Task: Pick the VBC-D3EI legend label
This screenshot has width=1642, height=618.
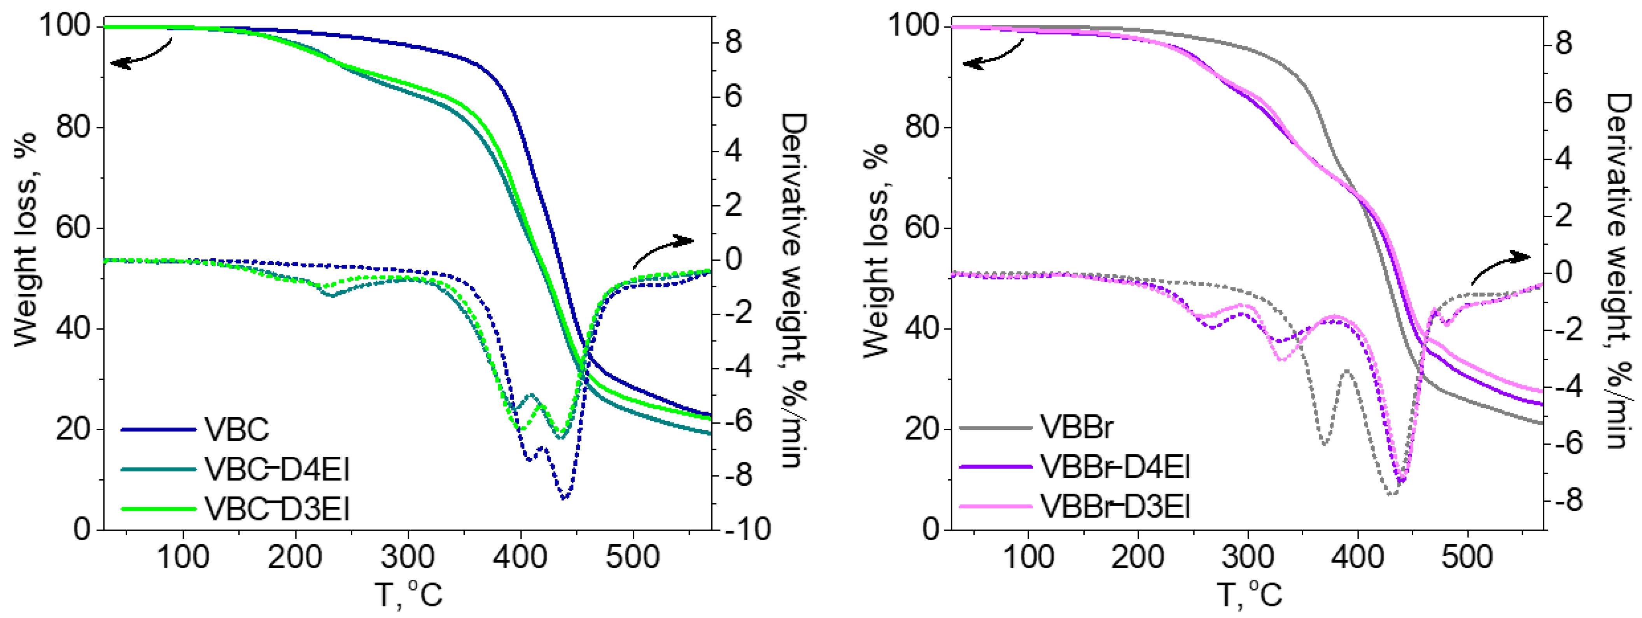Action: (x=277, y=509)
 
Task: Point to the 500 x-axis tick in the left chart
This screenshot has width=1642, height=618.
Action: (x=632, y=557)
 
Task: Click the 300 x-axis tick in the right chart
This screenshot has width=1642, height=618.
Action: (x=1247, y=557)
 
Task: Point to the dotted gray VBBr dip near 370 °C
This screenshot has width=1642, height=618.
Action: (x=1325, y=444)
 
